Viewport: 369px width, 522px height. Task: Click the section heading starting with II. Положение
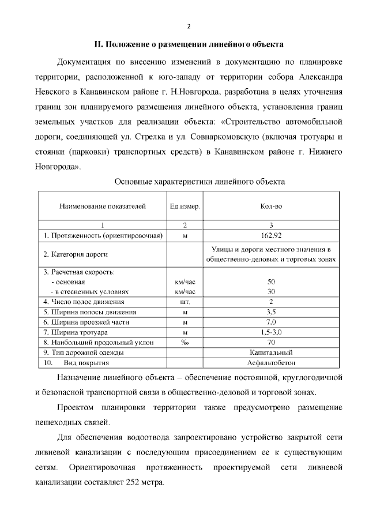[189, 44]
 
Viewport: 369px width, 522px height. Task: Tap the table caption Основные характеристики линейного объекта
[199, 182]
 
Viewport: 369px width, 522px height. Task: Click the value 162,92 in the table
[271, 235]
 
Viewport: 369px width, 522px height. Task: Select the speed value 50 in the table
[271, 282]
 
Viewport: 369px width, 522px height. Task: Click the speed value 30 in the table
[271, 291]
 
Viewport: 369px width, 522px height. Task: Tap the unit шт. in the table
[185, 302]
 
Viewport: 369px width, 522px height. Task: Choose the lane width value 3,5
[271, 312]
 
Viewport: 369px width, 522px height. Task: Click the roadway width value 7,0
[271, 322]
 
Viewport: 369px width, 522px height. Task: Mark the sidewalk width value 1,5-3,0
[271, 332]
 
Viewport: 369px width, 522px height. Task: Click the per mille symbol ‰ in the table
[185, 343]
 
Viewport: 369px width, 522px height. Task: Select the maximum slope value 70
[271, 343]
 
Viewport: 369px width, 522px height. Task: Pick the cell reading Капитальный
[271, 352]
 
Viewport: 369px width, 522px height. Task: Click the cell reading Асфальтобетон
[271, 363]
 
